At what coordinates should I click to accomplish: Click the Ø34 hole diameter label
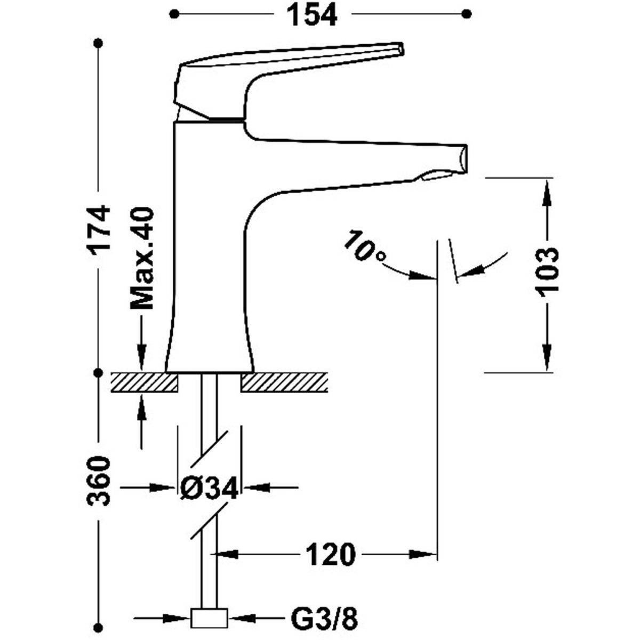pos(208,487)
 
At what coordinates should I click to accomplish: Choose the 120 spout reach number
pos(331,554)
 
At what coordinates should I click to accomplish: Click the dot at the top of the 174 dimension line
pos(98,43)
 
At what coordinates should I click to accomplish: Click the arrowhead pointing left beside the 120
pos(226,554)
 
